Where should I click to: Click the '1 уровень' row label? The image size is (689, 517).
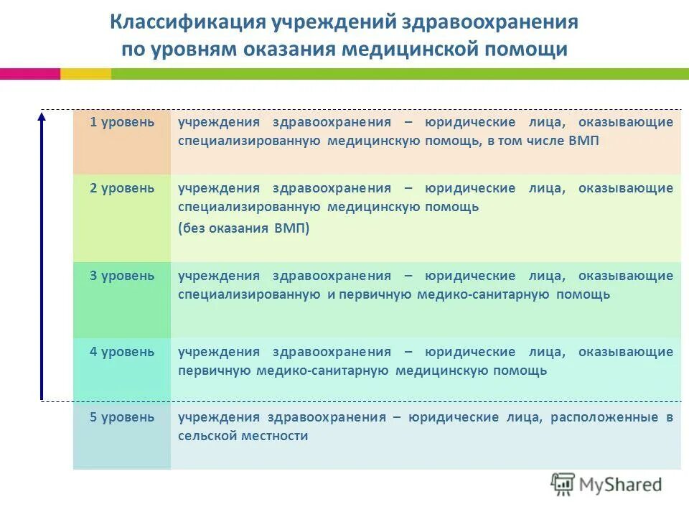(x=122, y=122)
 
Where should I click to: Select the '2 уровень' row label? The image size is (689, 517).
(x=122, y=188)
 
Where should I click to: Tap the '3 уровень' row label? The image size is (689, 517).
(x=122, y=276)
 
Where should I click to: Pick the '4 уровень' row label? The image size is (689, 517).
(x=122, y=352)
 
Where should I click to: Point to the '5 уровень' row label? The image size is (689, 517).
(x=122, y=417)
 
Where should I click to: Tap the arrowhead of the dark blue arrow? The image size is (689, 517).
(x=42, y=116)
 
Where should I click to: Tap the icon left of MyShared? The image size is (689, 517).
(x=563, y=484)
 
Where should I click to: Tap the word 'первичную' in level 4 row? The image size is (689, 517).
(x=214, y=371)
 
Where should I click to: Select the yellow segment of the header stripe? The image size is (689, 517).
(x=85, y=74)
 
